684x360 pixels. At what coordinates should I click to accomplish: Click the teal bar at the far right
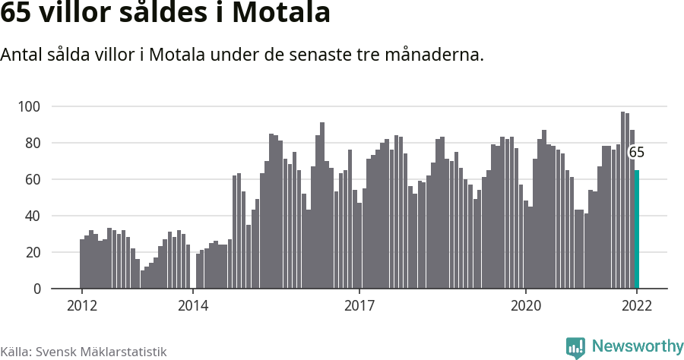[x=637, y=229]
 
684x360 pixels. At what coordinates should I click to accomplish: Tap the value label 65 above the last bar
[x=636, y=153]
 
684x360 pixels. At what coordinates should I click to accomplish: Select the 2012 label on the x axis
[x=81, y=306]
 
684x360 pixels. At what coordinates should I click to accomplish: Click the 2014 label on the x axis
[x=193, y=306]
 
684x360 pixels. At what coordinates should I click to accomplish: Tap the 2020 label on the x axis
[x=525, y=306]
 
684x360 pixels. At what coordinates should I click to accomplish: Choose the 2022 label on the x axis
[x=637, y=306]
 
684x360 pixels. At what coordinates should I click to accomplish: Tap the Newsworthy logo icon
[x=575, y=348]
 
